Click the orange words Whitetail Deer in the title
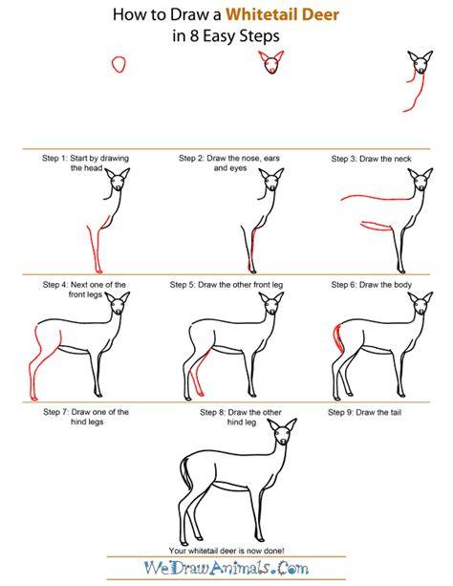point(283,14)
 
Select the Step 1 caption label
point(86,163)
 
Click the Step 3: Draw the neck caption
point(371,159)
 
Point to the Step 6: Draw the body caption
point(371,285)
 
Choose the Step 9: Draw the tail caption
point(364,412)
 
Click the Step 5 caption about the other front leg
point(226,285)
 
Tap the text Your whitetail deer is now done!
point(226,551)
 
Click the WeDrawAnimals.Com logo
point(226,568)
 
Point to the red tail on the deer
point(339,338)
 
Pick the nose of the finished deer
point(283,442)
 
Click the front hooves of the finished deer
point(261,539)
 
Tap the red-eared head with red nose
point(271,62)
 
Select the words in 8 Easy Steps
point(226,36)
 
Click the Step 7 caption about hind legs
point(86,417)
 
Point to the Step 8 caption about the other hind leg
point(241,417)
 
